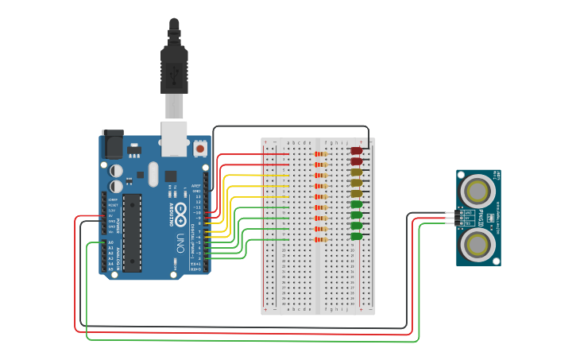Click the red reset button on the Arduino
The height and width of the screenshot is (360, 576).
pos(200,149)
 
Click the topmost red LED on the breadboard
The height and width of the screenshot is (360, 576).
pos(357,150)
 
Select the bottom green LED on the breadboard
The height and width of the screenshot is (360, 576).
pos(357,236)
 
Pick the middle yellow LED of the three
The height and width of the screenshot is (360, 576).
pos(357,183)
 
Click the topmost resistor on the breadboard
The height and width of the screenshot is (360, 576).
pos(321,153)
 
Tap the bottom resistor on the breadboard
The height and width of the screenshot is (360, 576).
pos(321,239)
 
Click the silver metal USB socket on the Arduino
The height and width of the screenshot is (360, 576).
pos(174,137)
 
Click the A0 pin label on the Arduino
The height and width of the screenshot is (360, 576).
pos(111,242)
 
